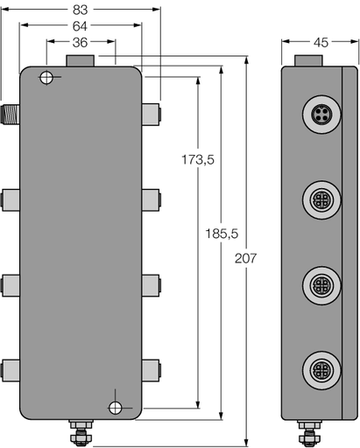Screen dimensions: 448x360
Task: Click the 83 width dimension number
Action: pyautogui.click(x=81, y=10)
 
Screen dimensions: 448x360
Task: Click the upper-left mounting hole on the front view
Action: pyautogui.click(x=46, y=80)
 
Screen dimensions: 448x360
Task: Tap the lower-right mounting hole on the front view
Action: pyautogui.click(x=116, y=407)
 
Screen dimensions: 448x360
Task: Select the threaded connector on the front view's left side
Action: pyautogui.click(x=11, y=111)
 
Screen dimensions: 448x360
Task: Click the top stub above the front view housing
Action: pyautogui.click(x=81, y=60)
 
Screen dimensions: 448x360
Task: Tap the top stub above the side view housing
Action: pyautogui.click(x=309, y=60)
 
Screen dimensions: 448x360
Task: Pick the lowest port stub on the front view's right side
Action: pyautogui.click(x=151, y=367)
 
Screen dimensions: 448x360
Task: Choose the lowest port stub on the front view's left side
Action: pyautogui.click(x=11, y=367)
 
